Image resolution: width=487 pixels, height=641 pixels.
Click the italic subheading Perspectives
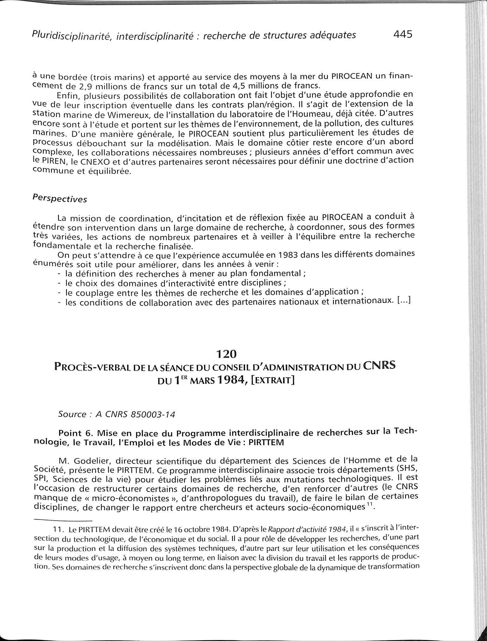(x=59, y=199)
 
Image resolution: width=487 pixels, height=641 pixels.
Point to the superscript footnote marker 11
(x=371, y=506)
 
